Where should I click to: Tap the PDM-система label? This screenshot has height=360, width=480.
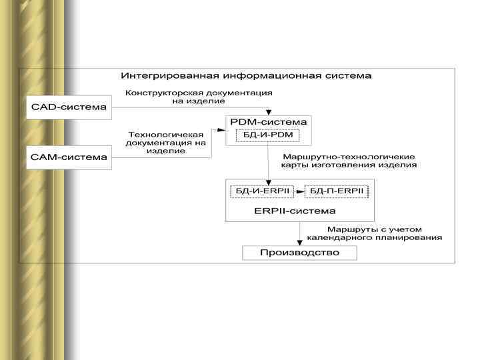268,122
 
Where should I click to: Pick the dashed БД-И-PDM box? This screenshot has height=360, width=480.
268,136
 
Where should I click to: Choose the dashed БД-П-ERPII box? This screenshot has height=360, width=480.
336,191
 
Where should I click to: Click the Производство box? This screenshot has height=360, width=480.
299,253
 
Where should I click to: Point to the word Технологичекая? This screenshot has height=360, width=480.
165,134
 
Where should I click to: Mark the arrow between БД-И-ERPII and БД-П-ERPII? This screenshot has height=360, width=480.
299,191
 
